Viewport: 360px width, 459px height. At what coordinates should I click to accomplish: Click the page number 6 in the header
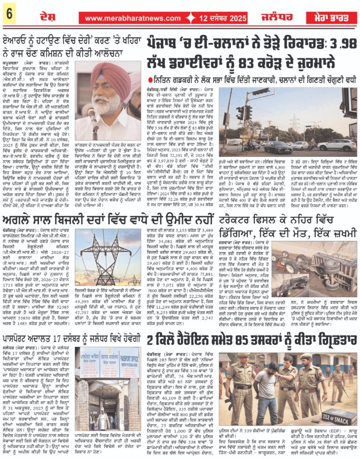click(x=9, y=14)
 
